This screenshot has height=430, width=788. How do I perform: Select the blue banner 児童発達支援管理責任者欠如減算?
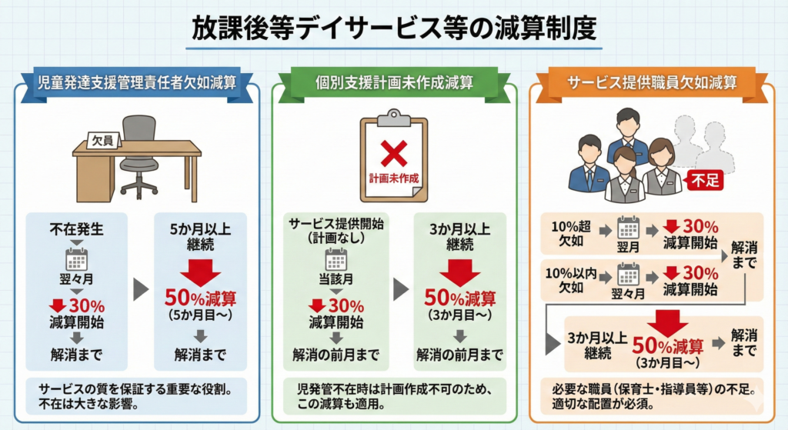pyautogui.click(x=139, y=82)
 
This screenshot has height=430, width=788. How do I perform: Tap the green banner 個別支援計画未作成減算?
pyautogui.click(x=394, y=82)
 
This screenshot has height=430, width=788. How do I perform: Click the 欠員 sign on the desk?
pyautogui.click(x=102, y=141)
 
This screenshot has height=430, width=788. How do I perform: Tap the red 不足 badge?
pyautogui.click(x=706, y=182)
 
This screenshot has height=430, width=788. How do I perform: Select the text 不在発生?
pyautogui.click(x=76, y=228)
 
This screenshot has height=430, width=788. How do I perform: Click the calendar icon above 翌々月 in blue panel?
pyautogui.click(x=76, y=258)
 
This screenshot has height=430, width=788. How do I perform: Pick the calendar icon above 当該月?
pyautogui.click(x=336, y=260)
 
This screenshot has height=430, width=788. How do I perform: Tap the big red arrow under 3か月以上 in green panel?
pyautogui.click(x=459, y=270)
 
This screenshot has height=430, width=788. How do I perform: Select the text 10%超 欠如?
pyautogui.click(x=571, y=234)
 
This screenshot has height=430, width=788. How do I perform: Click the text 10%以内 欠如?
pyautogui.click(x=571, y=280)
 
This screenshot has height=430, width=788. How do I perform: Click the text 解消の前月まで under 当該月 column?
pyautogui.click(x=336, y=355)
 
